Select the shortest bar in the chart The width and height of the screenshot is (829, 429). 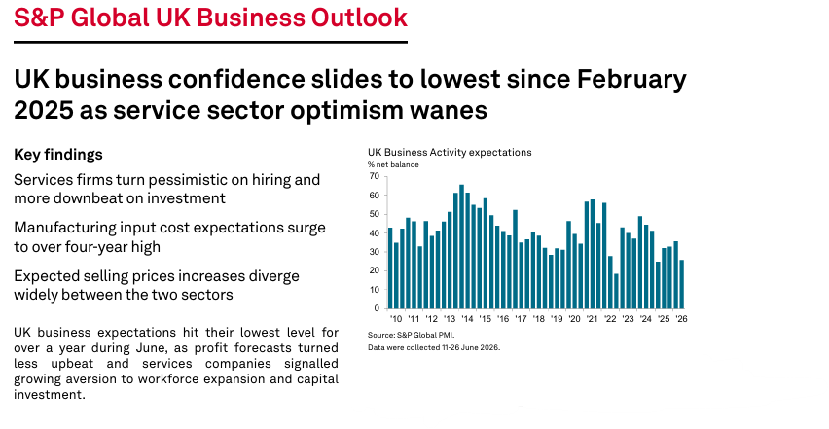(616, 291)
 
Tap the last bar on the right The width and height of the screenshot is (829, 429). (681, 284)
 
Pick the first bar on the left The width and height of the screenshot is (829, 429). (390, 268)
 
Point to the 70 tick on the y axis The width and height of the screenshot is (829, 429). (375, 176)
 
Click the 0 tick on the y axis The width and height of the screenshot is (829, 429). (377, 308)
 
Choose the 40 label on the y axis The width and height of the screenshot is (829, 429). (375, 233)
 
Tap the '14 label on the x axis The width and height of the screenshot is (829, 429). (467, 319)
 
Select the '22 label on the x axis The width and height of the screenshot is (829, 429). (610, 319)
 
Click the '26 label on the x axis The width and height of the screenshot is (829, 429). (681, 319)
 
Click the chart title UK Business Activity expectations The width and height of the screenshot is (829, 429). (450, 152)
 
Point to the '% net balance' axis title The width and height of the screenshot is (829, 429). (393, 164)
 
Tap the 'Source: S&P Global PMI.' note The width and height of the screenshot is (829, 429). (412, 335)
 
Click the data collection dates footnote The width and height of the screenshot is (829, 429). (434, 347)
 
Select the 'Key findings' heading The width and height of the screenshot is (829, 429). (58, 155)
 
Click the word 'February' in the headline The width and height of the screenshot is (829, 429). (631, 80)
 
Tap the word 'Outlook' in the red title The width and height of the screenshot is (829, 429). (359, 18)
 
